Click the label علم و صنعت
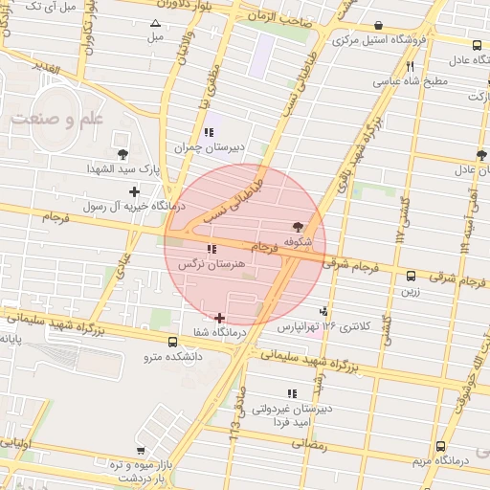pyautogui.click(x=58, y=119)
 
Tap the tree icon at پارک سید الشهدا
pyautogui.click(x=122, y=153)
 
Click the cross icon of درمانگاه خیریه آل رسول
pyautogui.click(x=135, y=191)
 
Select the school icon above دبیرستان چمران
pyautogui.click(x=209, y=132)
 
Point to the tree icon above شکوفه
pyautogui.click(x=299, y=227)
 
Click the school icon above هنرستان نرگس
pyautogui.click(x=211, y=249)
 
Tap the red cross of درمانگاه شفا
pyautogui.click(x=220, y=317)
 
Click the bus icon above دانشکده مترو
pyautogui.click(x=172, y=342)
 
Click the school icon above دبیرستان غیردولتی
pyautogui.click(x=292, y=392)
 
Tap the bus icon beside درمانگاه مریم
pyautogui.click(x=439, y=446)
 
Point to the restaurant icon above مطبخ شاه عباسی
pyautogui.click(x=410, y=66)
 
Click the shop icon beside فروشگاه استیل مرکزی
pyautogui.click(x=379, y=26)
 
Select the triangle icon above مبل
pyautogui.click(x=155, y=22)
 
